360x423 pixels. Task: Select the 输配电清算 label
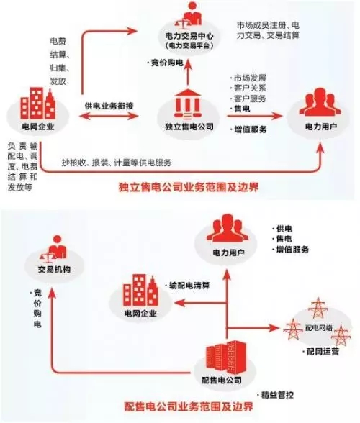click(x=189, y=284)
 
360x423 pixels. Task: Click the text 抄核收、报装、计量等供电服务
click(x=117, y=162)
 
